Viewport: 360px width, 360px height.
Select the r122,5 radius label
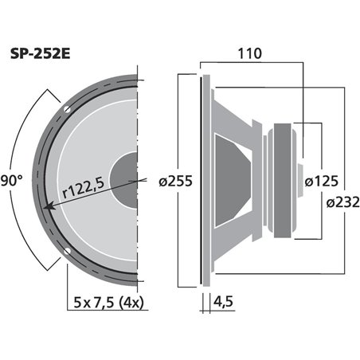click(x=84, y=190)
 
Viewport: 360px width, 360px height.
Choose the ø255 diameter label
click(x=175, y=181)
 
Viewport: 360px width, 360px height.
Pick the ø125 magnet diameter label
click(x=323, y=181)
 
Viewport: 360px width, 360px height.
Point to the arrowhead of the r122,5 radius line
click(x=49, y=206)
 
